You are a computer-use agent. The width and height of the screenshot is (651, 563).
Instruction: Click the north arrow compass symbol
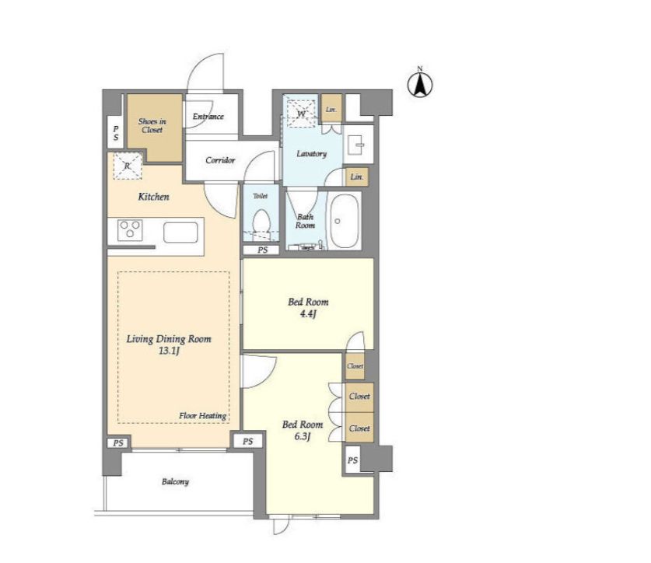point(420,84)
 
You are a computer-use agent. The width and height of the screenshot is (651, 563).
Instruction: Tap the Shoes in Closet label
point(152,125)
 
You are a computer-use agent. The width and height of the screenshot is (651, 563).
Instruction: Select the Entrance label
point(208,116)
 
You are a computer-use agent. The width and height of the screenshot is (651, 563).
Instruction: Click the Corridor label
point(220,160)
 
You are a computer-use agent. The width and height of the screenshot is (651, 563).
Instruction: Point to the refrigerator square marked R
point(128,166)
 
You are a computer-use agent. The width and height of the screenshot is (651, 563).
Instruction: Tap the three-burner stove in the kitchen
point(130,230)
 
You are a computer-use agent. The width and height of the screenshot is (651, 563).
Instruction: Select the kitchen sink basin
point(180,233)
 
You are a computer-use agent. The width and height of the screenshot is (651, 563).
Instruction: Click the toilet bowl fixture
point(261,223)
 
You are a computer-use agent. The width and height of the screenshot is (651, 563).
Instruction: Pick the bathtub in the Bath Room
point(345,221)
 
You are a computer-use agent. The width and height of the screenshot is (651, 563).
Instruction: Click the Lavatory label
point(311,154)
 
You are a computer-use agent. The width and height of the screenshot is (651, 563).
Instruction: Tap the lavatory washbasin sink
point(357,145)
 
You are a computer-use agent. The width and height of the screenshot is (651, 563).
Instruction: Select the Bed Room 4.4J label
point(308,308)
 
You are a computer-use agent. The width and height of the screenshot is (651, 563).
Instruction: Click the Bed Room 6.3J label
point(303,430)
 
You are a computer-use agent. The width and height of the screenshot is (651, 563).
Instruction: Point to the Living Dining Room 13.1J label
point(169,344)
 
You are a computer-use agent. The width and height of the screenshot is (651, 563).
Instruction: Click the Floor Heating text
point(202,415)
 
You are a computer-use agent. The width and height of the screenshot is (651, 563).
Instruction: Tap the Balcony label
point(175,481)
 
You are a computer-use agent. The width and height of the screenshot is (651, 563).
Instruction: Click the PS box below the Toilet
point(262,250)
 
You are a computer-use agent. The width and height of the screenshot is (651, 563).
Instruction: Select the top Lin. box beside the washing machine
point(331,108)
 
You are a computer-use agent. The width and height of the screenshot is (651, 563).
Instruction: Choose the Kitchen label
point(154,197)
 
